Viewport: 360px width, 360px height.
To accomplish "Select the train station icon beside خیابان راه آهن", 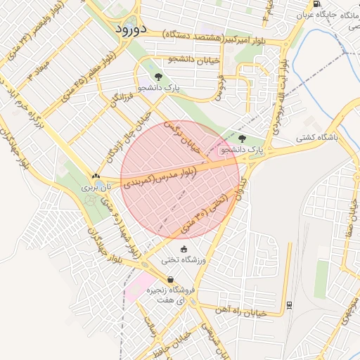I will (289, 304).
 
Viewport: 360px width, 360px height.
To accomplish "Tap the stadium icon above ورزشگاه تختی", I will (184, 249).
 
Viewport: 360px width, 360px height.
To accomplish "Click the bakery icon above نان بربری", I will (95, 176).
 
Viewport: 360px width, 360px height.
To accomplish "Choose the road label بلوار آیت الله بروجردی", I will (282, 98).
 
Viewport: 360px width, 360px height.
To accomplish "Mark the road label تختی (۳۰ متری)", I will (204, 214).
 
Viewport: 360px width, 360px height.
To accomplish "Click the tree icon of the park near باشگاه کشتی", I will (243, 139).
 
